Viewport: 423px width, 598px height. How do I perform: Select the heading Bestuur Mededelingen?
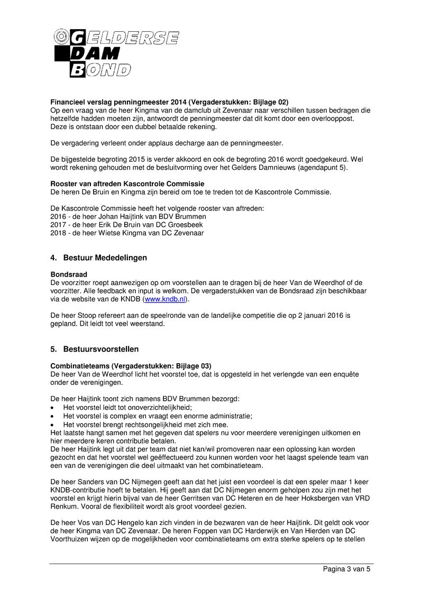tap(105, 257)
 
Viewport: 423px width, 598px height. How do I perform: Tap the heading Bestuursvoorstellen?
tap(100, 349)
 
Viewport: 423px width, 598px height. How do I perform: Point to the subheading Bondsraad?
tap(69, 274)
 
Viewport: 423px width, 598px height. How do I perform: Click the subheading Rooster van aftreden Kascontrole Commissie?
tap(127, 184)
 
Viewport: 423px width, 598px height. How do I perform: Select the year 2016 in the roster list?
tap(58, 216)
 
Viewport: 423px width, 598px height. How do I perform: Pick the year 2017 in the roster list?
tap(58, 224)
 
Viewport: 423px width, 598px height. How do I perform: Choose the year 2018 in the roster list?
tap(58, 232)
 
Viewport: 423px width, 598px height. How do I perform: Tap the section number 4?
tap(53, 257)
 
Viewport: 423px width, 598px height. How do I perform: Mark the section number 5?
tap(53, 349)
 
